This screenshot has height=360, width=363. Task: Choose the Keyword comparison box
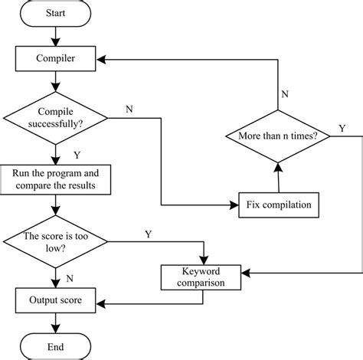click(x=201, y=277)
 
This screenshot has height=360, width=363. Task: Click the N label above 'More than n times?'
click(x=285, y=93)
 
